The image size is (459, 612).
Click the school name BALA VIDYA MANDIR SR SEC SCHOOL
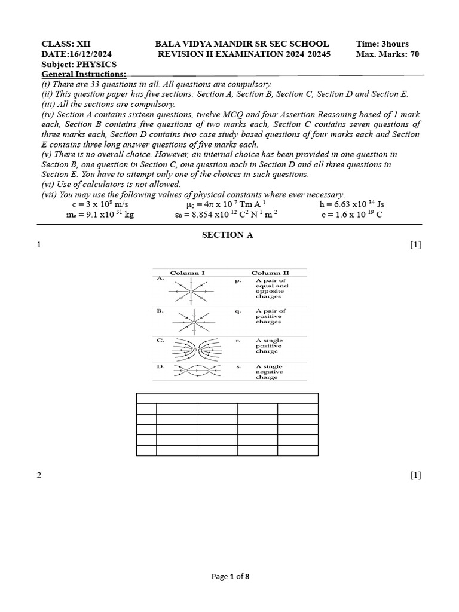coord(241,44)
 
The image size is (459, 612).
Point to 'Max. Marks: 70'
coord(387,54)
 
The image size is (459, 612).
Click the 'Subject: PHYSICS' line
coord(79,64)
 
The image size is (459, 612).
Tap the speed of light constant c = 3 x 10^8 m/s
coord(96,204)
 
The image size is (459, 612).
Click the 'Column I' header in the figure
coord(188,273)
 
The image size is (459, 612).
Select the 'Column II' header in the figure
coord(270,273)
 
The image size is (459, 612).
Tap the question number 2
coord(39,475)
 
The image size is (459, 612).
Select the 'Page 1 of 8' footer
coord(231,577)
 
